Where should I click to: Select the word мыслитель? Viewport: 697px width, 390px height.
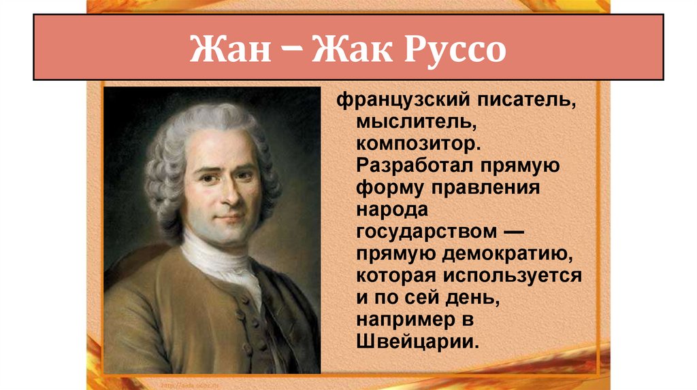point(405,124)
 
